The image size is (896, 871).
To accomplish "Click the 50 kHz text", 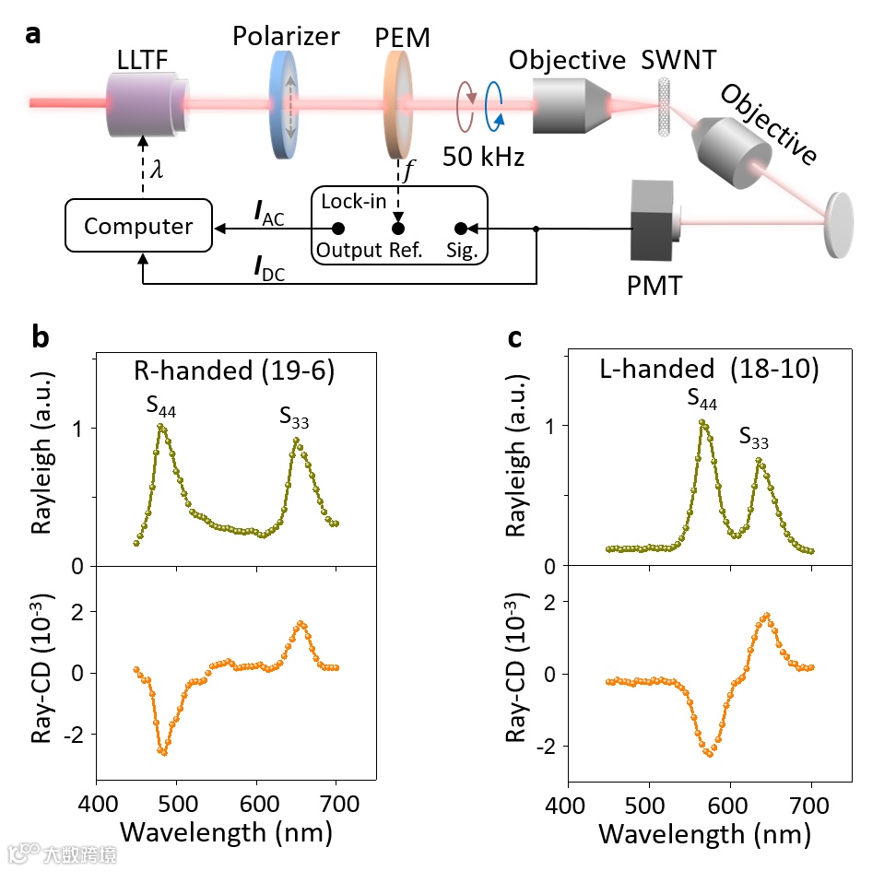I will tap(483, 156).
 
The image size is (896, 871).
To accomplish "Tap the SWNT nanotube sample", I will tap(663, 108).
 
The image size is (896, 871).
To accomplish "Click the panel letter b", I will tap(41, 337).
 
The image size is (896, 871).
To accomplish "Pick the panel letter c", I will tap(516, 337).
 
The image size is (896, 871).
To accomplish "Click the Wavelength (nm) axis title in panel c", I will tap(705, 834).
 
